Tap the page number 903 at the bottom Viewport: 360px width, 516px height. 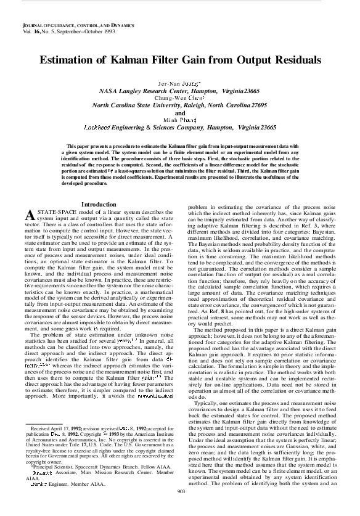pyautogui.click(x=181, y=508)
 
